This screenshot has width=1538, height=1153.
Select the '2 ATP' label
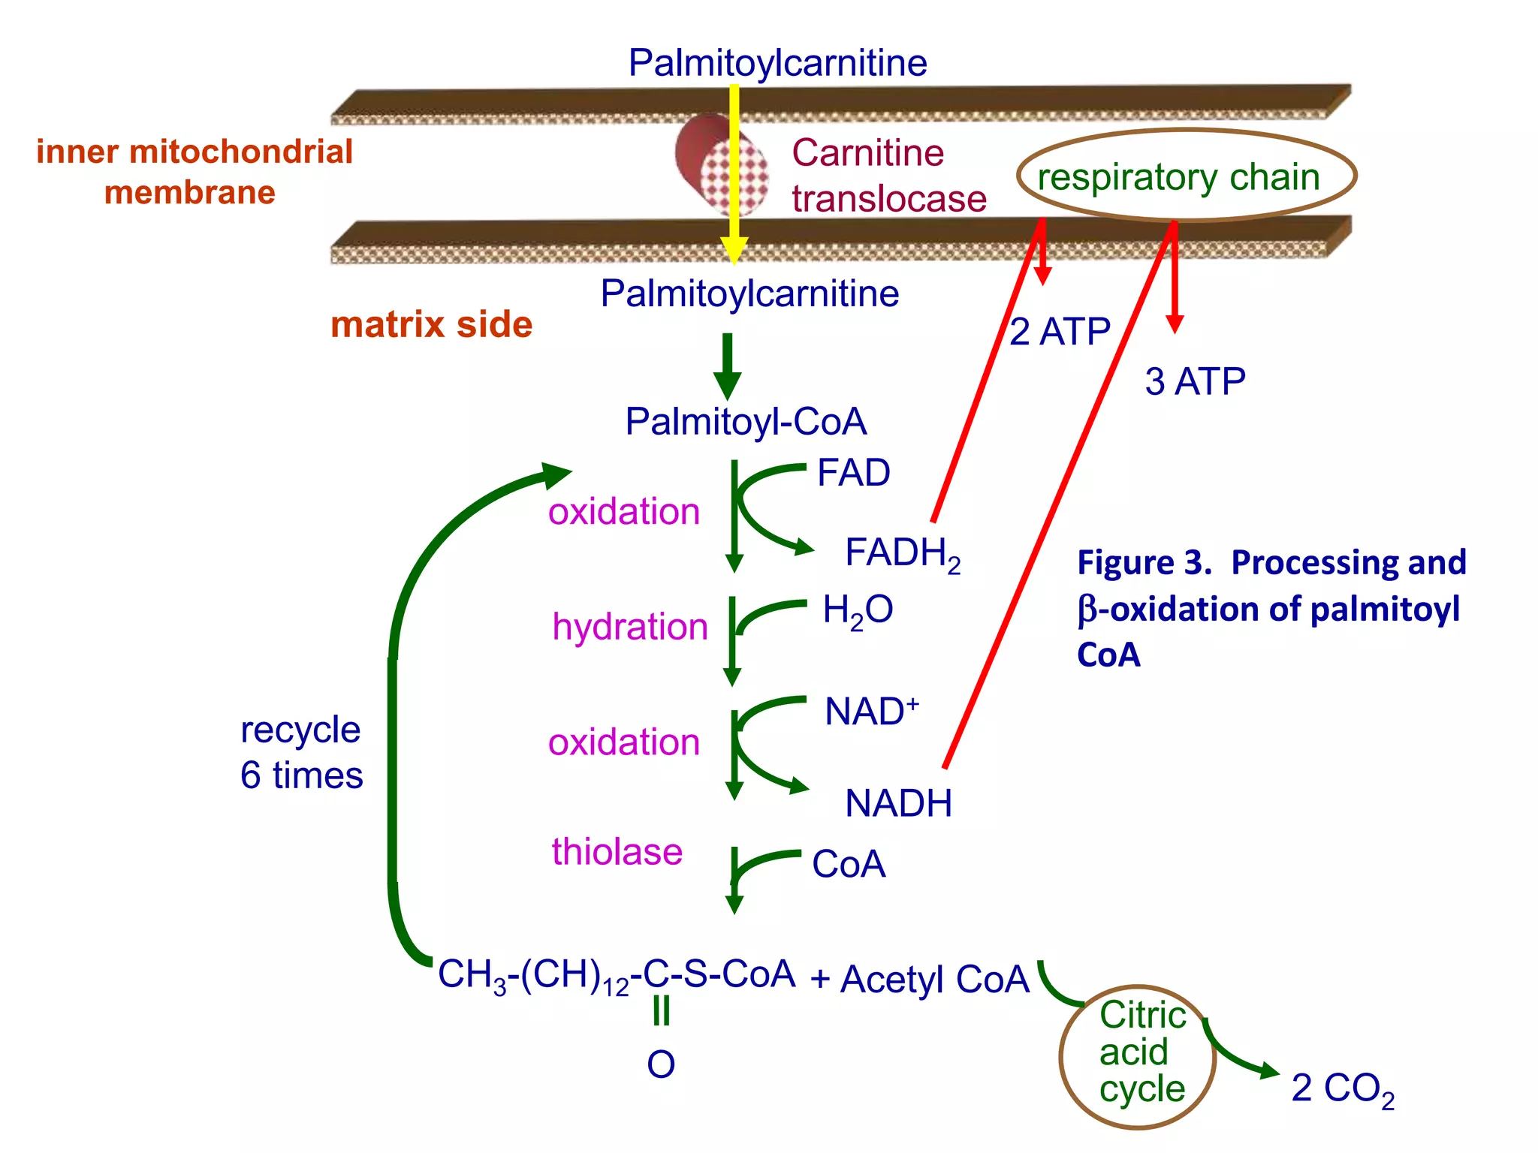tap(1060, 332)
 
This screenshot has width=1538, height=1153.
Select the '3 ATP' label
tap(1194, 381)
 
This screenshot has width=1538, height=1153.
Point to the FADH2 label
tap(902, 554)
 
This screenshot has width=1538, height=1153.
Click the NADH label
tap(898, 803)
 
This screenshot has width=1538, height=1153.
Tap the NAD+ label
tap(870, 711)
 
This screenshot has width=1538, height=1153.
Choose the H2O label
tap(858, 610)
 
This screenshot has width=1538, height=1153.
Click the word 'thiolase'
tap(617, 852)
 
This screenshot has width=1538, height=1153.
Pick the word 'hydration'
tap(629, 627)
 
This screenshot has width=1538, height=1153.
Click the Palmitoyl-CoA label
tap(746, 421)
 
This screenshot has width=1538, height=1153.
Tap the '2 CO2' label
tap(1342, 1088)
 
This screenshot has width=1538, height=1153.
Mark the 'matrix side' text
tap(431, 324)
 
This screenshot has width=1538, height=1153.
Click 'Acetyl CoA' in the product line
tap(934, 979)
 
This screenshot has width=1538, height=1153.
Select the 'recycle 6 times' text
tap(301, 752)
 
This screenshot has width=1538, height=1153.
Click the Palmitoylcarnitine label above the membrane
tap(777, 62)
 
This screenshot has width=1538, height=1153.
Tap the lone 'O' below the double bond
tap(661, 1064)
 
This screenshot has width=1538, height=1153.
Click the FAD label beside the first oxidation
tap(853, 473)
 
